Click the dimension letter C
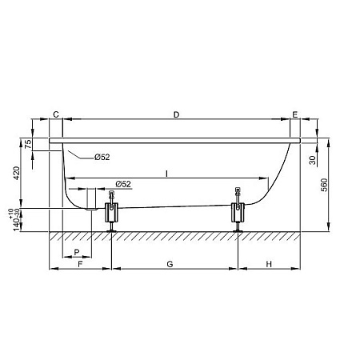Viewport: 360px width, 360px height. pyautogui.click(x=56, y=114)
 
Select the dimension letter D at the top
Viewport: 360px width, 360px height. pyautogui.click(x=176, y=114)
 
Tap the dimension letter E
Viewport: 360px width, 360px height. pyautogui.click(x=295, y=114)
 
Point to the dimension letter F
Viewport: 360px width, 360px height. pyautogui.click(x=80, y=264)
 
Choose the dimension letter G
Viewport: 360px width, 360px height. pyautogui.click(x=170, y=264)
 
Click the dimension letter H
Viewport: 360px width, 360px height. pyautogui.click(x=269, y=264)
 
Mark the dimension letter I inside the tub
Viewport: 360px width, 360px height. pyautogui.click(x=166, y=174)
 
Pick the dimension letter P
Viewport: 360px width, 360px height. pyautogui.click(x=77, y=252)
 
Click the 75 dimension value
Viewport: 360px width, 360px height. pyautogui.click(x=28, y=144)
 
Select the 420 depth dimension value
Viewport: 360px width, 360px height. pyautogui.click(x=17, y=173)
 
